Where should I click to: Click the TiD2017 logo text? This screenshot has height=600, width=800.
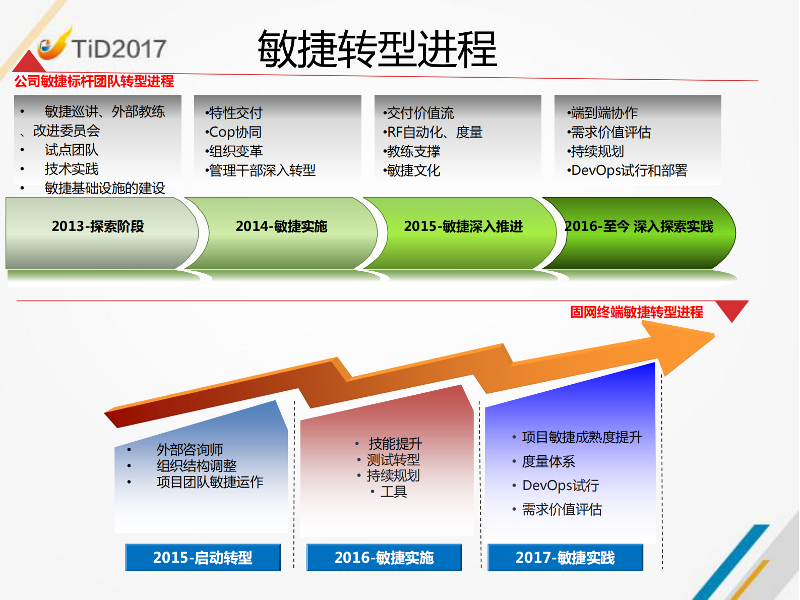click(118, 49)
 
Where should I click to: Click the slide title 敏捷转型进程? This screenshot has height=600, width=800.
click(377, 49)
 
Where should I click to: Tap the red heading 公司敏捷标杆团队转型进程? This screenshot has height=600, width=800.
click(94, 81)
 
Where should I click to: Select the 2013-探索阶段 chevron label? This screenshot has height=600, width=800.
click(98, 226)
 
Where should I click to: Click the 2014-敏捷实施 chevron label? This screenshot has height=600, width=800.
click(281, 226)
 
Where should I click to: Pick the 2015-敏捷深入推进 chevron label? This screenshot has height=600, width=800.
click(463, 226)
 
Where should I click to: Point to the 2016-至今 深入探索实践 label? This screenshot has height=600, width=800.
click(639, 226)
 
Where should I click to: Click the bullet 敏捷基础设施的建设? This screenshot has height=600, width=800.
click(105, 188)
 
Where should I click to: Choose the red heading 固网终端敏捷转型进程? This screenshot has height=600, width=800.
click(636, 312)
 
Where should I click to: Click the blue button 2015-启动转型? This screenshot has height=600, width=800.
click(203, 557)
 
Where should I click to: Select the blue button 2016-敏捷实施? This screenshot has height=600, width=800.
click(384, 557)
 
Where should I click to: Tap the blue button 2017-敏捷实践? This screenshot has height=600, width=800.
click(565, 557)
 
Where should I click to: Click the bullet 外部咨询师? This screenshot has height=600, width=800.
click(190, 449)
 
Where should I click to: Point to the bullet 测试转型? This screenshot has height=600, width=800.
click(393, 460)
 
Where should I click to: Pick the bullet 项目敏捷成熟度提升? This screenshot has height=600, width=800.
click(582, 437)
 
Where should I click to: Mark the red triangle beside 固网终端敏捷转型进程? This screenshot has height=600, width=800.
click(732, 309)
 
